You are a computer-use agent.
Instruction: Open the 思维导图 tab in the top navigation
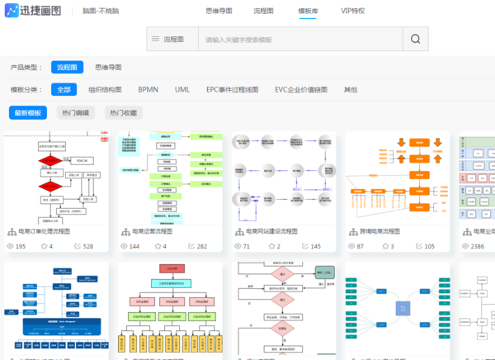[x=219, y=11]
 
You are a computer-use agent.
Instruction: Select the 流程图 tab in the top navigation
[x=264, y=11]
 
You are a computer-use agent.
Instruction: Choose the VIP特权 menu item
[x=352, y=11]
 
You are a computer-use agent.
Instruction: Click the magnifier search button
[x=416, y=39]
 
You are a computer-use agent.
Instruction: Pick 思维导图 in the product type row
[x=108, y=68]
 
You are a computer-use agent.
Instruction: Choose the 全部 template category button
[x=64, y=89]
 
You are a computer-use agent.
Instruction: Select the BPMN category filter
[x=148, y=89]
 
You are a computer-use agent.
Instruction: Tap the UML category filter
[x=182, y=89]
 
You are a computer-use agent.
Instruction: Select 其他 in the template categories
[x=351, y=89]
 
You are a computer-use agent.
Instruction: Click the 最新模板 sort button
[x=28, y=112]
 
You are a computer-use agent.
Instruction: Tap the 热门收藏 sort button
[x=122, y=112]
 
